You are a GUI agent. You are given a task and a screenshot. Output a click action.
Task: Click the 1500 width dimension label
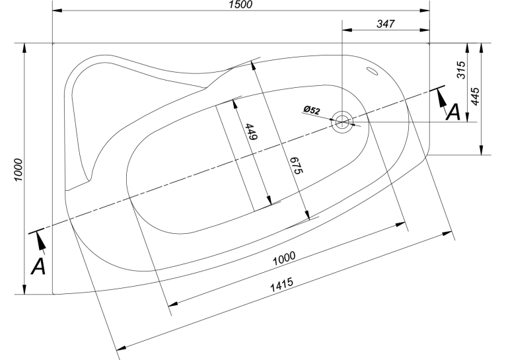(x=240, y=5)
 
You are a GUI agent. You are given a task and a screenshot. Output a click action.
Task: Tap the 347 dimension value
(x=386, y=24)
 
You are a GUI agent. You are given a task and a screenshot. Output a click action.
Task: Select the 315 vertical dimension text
(x=462, y=69)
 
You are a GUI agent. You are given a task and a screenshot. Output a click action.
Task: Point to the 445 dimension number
(x=476, y=96)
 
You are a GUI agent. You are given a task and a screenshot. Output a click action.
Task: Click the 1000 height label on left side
(x=18, y=170)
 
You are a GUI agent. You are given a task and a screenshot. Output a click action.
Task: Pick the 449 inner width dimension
(x=252, y=131)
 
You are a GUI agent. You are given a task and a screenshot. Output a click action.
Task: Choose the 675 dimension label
(x=295, y=165)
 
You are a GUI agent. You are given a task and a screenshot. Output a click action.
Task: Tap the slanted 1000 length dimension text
(x=284, y=258)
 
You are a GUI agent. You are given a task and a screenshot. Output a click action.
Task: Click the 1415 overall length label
(x=281, y=285)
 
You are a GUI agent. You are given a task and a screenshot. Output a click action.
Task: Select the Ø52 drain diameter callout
(x=312, y=110)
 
